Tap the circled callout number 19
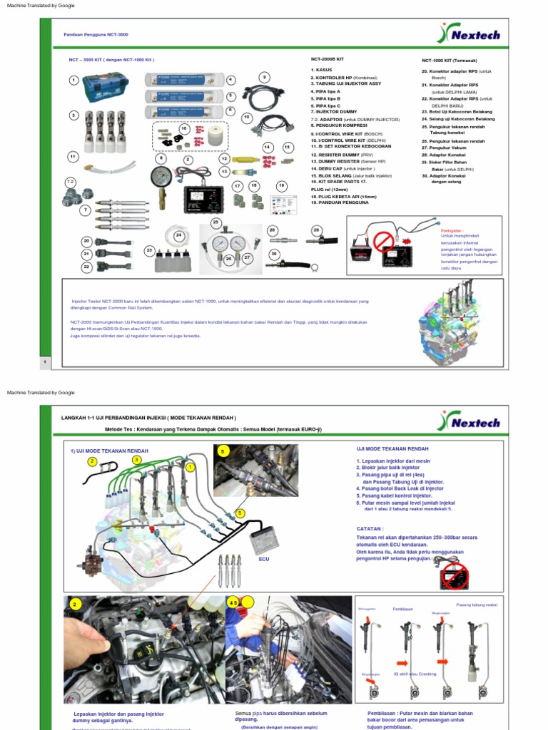281,185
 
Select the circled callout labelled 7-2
70,182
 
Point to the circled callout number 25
215,222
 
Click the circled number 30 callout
273,254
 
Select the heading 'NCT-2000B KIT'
328,60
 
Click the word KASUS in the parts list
324,71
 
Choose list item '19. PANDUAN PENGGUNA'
340,202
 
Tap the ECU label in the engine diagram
264,560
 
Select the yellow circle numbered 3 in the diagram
137,461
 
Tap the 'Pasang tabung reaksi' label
477,605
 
